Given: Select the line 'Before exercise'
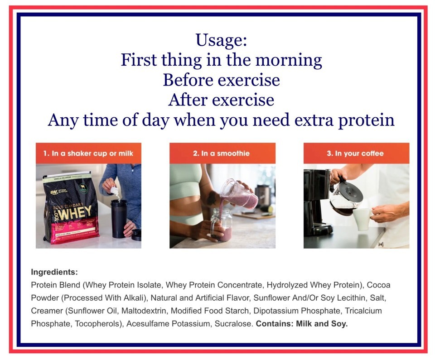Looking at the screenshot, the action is coord(222,80).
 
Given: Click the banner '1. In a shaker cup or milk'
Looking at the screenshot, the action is coord(88,154).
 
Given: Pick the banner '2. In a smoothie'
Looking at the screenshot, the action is coord(222,154).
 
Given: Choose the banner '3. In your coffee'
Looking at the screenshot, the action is coord(356,154).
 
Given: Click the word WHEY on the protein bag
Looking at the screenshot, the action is coord(76,213).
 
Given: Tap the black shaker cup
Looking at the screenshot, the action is coord(119,219).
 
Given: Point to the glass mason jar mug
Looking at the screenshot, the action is coord(221,225).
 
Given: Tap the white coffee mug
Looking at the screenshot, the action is coord(362,219).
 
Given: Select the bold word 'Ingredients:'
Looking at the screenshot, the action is coord(54,272).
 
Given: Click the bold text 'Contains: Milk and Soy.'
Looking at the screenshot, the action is coord(302,324).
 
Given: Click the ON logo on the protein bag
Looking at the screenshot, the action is coord(54,192).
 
